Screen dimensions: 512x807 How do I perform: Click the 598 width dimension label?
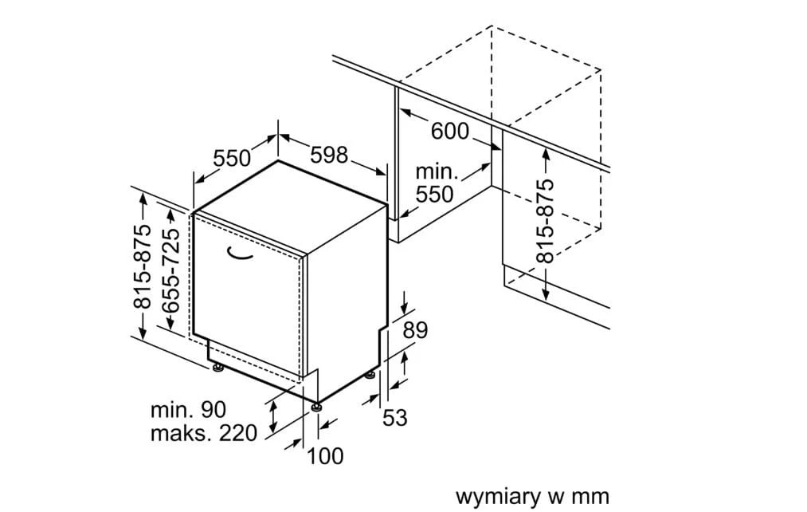[x=329, y=155]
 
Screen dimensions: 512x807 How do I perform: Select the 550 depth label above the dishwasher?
[x=232, y=158]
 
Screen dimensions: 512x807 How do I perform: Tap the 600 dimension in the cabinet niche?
[x=450, y=130]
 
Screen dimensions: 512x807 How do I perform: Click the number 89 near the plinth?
[x=415, y=330]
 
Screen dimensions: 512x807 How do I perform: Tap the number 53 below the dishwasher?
[x=395, y=417]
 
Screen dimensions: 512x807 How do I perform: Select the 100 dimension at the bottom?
[x=325, y=456]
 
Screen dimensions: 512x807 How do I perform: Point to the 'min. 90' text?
[x=189, y=410]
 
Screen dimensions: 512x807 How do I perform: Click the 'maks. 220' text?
[x=204, y=433]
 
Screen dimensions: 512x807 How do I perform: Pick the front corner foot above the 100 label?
[x=318, y=407]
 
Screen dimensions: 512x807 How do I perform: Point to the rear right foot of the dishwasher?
[x=370, y=375]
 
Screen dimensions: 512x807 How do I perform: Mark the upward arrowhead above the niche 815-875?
[x=545, y=152]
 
